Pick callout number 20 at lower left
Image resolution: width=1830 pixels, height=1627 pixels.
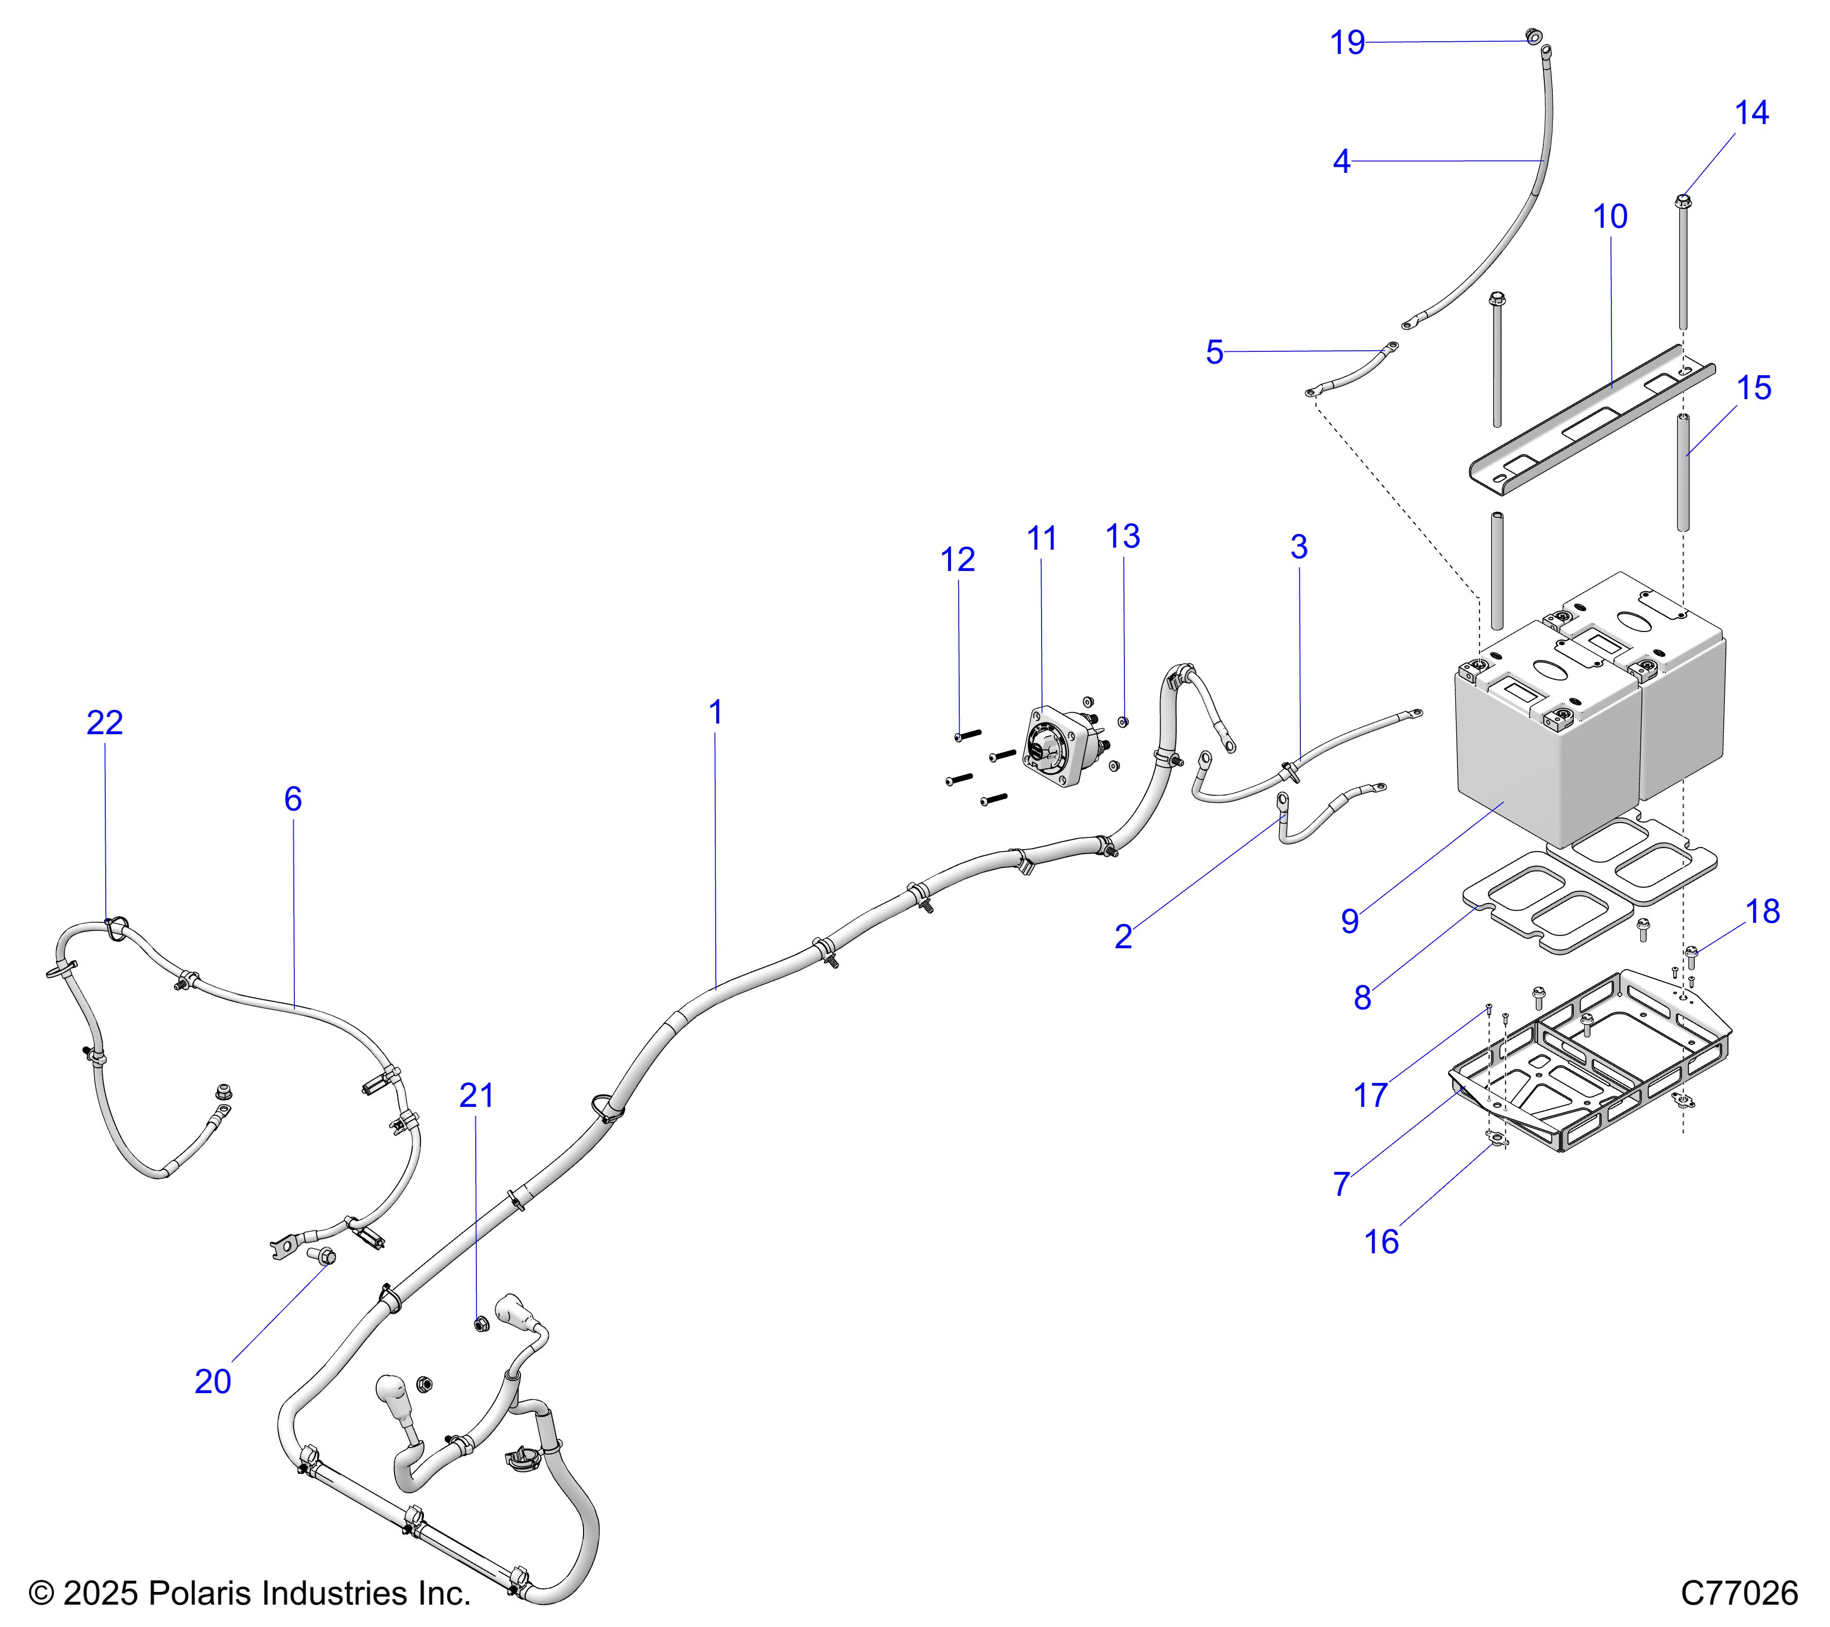213,1381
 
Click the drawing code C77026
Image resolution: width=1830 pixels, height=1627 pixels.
1738,1592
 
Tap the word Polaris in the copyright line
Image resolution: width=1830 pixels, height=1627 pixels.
193,1593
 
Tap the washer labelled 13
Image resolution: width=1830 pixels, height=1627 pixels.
1124,721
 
